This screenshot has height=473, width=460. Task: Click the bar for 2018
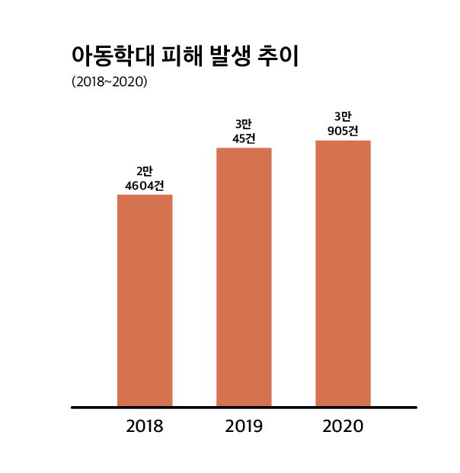145,300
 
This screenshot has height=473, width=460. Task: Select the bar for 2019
244,277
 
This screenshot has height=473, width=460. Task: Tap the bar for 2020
343,273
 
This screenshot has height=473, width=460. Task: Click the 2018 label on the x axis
145,426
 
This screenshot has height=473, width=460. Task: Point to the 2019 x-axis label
244,426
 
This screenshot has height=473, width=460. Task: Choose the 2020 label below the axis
343,426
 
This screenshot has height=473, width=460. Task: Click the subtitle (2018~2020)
109,81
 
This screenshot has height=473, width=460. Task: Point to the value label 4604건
145,185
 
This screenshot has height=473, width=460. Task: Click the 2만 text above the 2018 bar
145,171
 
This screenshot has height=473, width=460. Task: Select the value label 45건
244,138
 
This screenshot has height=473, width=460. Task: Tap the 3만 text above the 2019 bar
244,124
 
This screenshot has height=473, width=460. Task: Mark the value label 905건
343,130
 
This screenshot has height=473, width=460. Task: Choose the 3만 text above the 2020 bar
343,116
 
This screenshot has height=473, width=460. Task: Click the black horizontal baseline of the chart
244,407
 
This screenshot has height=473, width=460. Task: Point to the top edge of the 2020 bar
343,141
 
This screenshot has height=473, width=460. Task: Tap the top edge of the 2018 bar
145,196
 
